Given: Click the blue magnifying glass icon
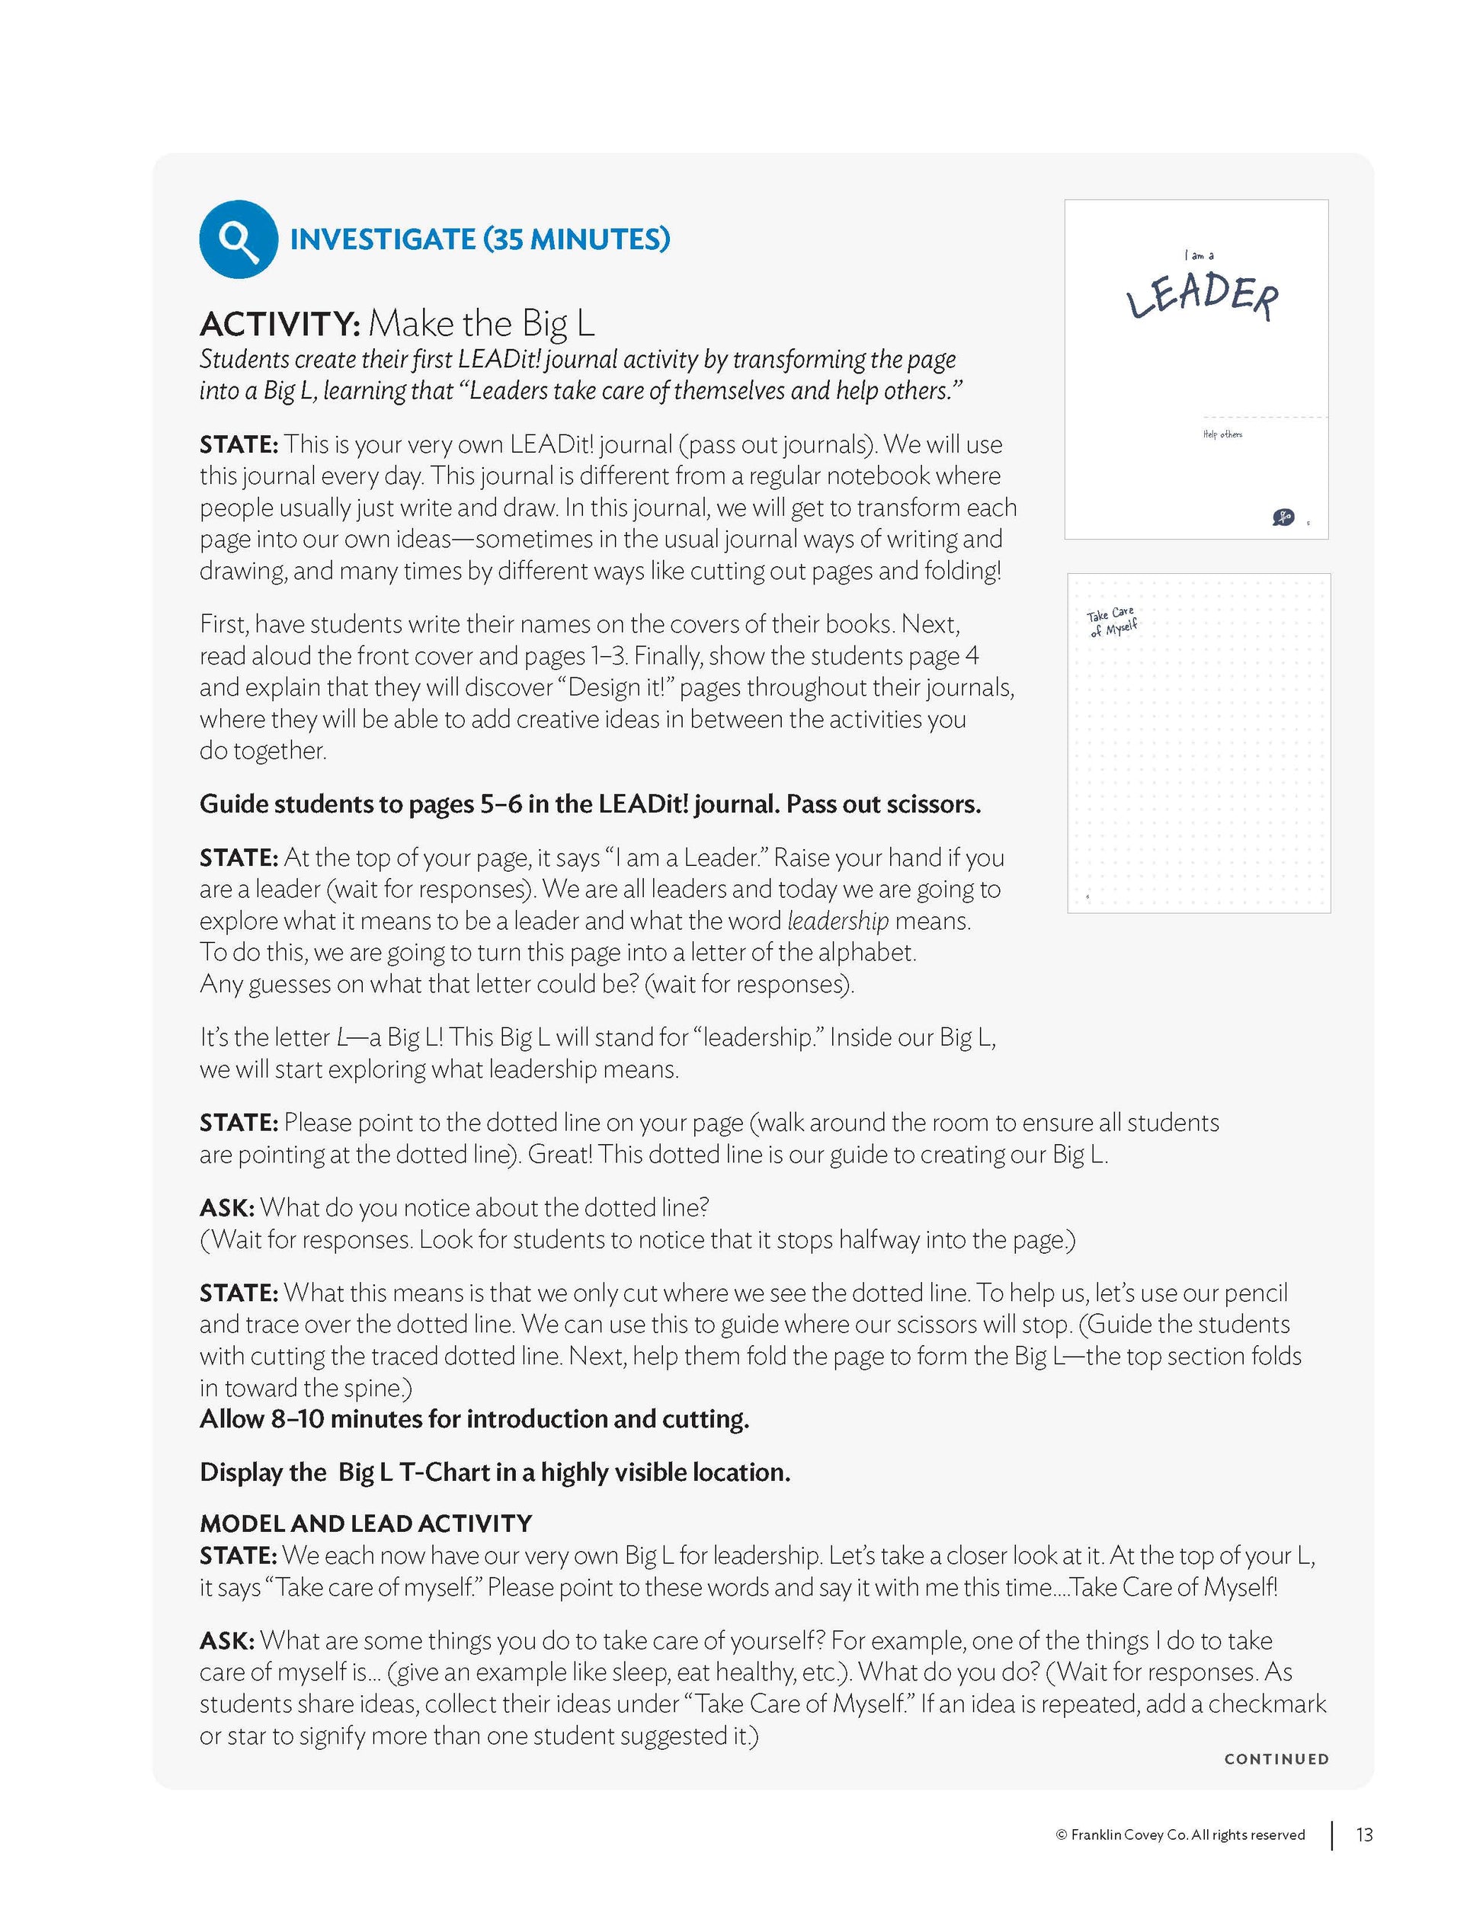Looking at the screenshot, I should tap(238, 239).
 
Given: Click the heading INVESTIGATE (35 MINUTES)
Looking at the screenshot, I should tap(479, 239).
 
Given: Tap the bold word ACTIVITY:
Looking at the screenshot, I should tap(280, 325).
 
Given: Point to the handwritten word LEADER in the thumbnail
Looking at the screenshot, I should tap(1202, 296).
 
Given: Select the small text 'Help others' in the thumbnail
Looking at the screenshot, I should tap(1222, 434).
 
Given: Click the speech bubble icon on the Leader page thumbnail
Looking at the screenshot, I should tap(1283, 517).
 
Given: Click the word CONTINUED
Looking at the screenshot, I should tap(1276, 1758).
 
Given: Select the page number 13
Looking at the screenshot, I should tap(1364, 1835).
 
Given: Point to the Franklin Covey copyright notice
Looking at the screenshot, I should tap(1180, 1835).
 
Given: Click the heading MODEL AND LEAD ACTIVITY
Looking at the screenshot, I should tap(366, 1523).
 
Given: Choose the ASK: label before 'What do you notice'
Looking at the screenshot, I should tap(226, 1207).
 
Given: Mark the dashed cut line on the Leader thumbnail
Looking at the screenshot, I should tap(1265, 417).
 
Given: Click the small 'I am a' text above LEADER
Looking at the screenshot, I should tap(1199, 256).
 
